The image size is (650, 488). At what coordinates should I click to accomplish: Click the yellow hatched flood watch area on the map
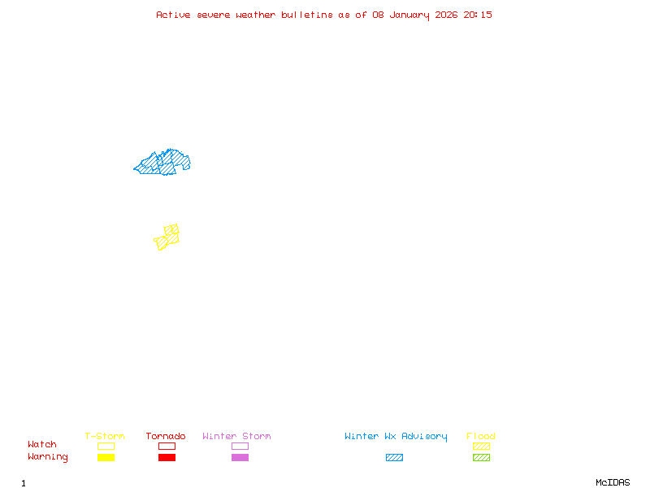click(x=167, y=237)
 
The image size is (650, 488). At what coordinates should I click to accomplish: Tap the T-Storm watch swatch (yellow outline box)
click(x=106, y=446)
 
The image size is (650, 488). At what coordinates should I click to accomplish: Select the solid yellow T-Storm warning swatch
click(x=106, y=458)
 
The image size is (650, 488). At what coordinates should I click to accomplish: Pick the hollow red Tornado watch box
click(x=167, y=446)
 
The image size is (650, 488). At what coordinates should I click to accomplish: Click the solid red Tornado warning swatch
click(x=167, y=458)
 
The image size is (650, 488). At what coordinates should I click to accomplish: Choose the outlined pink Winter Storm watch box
click(x=240, y=446)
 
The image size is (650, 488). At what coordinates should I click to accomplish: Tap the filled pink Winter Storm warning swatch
click(x=240, y=458)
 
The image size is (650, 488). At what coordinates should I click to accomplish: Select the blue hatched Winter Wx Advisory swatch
click(x=394, y=458)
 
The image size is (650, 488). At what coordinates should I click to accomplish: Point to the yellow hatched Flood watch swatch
click(x=481, y=446)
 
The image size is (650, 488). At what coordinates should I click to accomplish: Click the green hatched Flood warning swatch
click(x=481, y=458)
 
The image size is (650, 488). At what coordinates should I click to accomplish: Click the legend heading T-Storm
click(x=105, y=437)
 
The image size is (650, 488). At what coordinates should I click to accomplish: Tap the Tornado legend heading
click(x=166, y=437)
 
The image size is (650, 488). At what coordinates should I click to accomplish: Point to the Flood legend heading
click(x=481, y=437)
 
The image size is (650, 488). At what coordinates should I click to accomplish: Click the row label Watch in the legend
click(x=42, y=445)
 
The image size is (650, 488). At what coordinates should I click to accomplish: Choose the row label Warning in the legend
click(x=48, y=457)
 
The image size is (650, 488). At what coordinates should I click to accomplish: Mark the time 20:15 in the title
click(x=478, y=15)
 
